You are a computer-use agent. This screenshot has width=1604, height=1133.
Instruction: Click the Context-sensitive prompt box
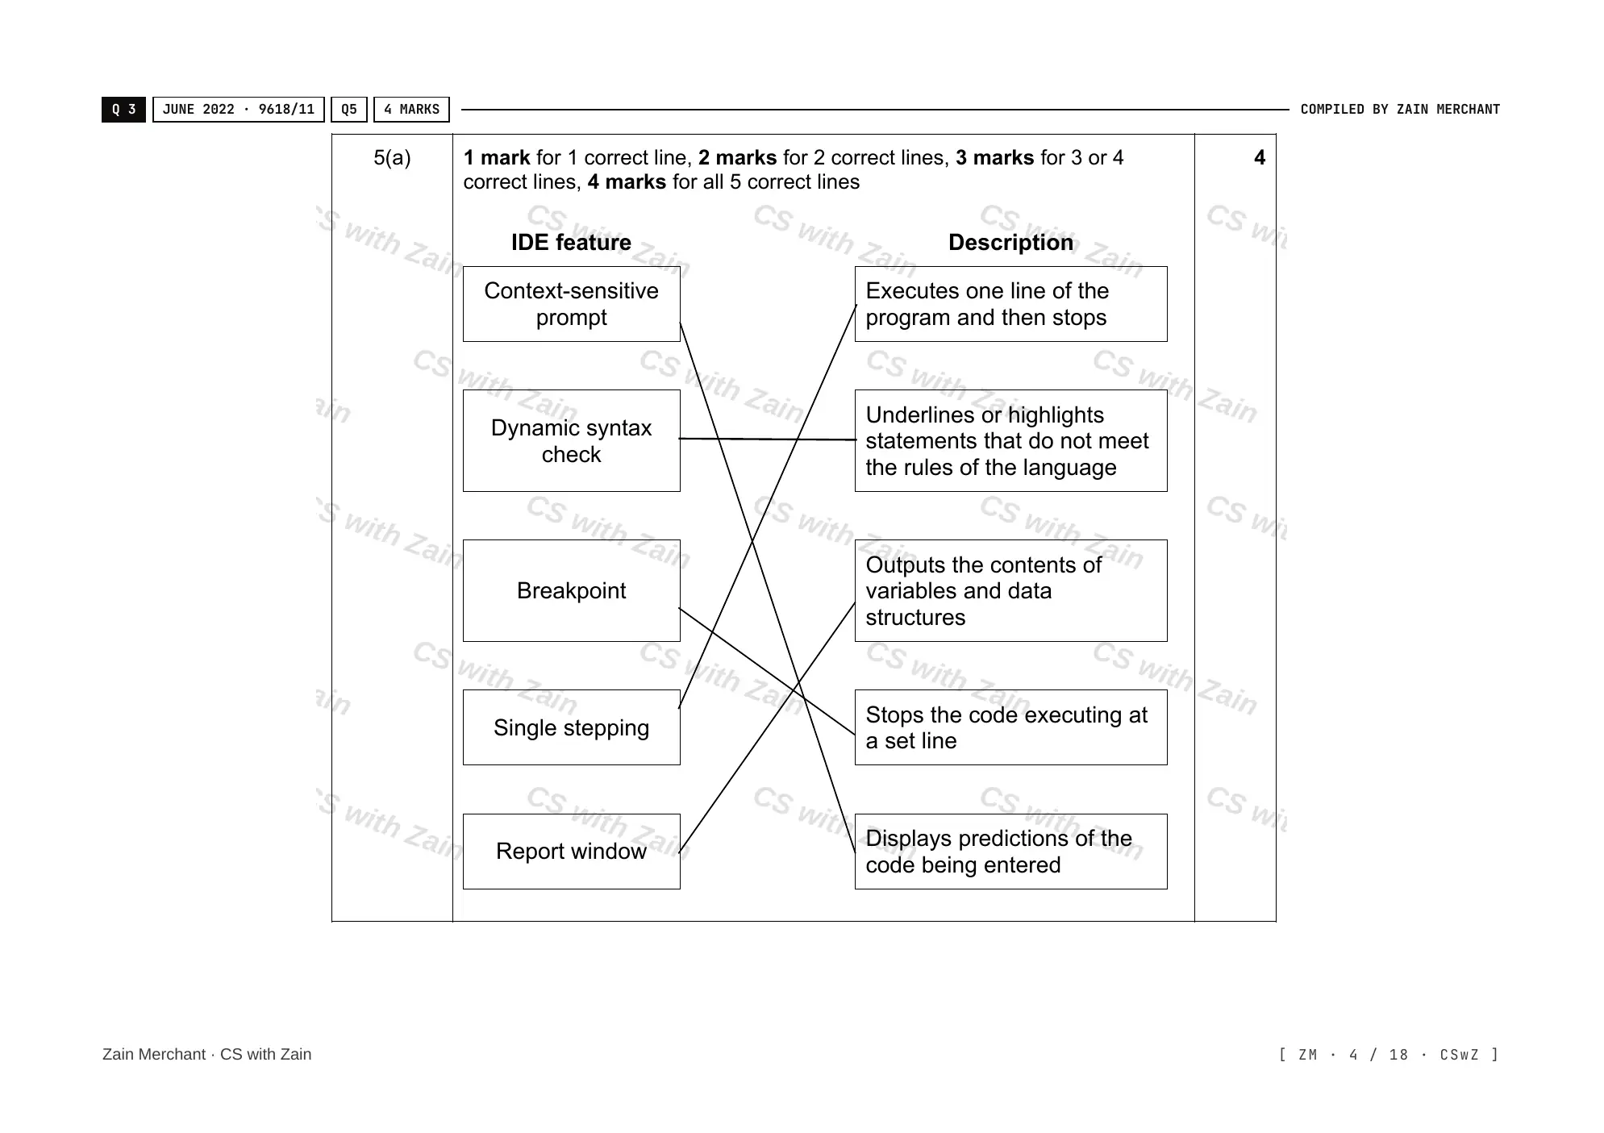pos(571,304)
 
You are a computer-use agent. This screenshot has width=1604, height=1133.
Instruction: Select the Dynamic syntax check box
pos(571,440)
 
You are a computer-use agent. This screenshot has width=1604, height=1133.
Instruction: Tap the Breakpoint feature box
pos(571,590)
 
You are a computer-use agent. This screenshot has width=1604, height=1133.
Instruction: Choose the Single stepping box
pos(571,727)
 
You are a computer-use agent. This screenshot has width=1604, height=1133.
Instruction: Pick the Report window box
pos(571,852)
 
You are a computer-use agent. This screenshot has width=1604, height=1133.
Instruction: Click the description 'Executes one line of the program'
pos(1010,304)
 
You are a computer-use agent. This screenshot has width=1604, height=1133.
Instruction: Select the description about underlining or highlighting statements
pos(1010,440)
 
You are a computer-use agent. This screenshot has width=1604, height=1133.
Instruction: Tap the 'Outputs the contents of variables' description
pos(1010,590)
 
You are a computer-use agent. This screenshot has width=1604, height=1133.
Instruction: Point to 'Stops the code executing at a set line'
pos(1010,727)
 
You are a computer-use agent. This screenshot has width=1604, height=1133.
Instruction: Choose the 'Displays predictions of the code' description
pos(1010,852)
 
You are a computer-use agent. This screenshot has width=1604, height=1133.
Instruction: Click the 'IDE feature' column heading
pos(571,242)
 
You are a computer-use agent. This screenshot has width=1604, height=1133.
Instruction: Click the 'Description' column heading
pos(1010,242)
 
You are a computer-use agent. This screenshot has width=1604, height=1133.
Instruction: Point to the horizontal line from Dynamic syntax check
pos(768,439)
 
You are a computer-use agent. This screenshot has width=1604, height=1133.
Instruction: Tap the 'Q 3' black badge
pos(123,110)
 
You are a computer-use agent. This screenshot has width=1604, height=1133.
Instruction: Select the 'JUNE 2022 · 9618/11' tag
pos(239,110)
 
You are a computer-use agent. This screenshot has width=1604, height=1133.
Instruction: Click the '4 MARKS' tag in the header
pos(411,110)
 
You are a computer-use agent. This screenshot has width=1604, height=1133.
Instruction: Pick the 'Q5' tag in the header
pos(349,110)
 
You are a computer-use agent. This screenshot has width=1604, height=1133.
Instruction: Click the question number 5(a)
pos(392,158)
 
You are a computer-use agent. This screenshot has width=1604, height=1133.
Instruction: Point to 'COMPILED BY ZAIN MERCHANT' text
pos(1400,110)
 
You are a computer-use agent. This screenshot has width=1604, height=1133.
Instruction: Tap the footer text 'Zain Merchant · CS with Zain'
pos(206,1054)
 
